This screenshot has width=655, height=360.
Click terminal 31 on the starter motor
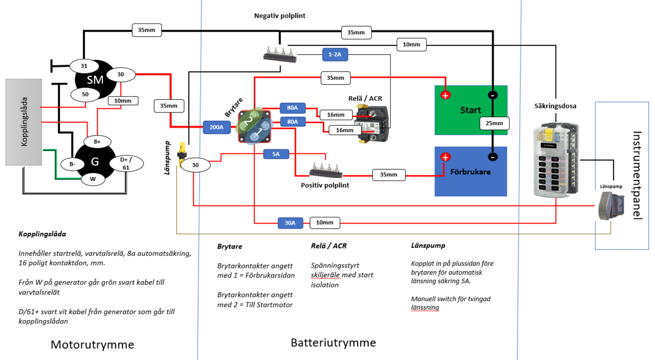coord(83,66)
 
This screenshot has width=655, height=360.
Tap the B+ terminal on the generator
coord(97,141)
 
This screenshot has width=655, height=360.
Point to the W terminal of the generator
coord(93,179)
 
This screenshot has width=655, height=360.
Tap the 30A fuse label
coord(290,223)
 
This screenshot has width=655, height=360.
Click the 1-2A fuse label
coord(335,54)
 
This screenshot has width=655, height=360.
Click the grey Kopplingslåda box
coord(24,122)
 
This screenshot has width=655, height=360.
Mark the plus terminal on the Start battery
coord(445,95)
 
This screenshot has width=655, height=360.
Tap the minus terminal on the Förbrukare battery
coord(492,157)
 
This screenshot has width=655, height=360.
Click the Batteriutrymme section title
coord(333,343)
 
